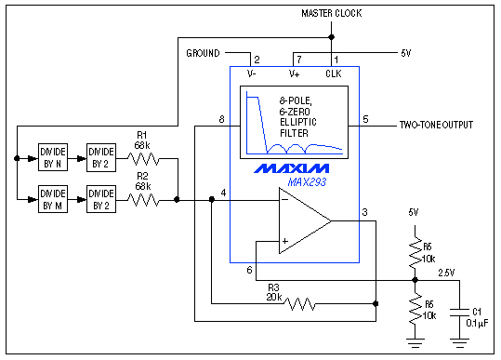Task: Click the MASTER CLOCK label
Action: pos(331,13)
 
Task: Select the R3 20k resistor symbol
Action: pos(300,303)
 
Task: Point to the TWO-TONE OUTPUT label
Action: pos(436,124)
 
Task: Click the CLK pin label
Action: pos(334,73)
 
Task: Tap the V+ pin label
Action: pos(294,73)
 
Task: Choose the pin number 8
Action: pos(221,119)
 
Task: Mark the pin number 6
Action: pos(249,270)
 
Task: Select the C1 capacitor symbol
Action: pos(458,313)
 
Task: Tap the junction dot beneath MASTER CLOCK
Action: pos(331,38)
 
